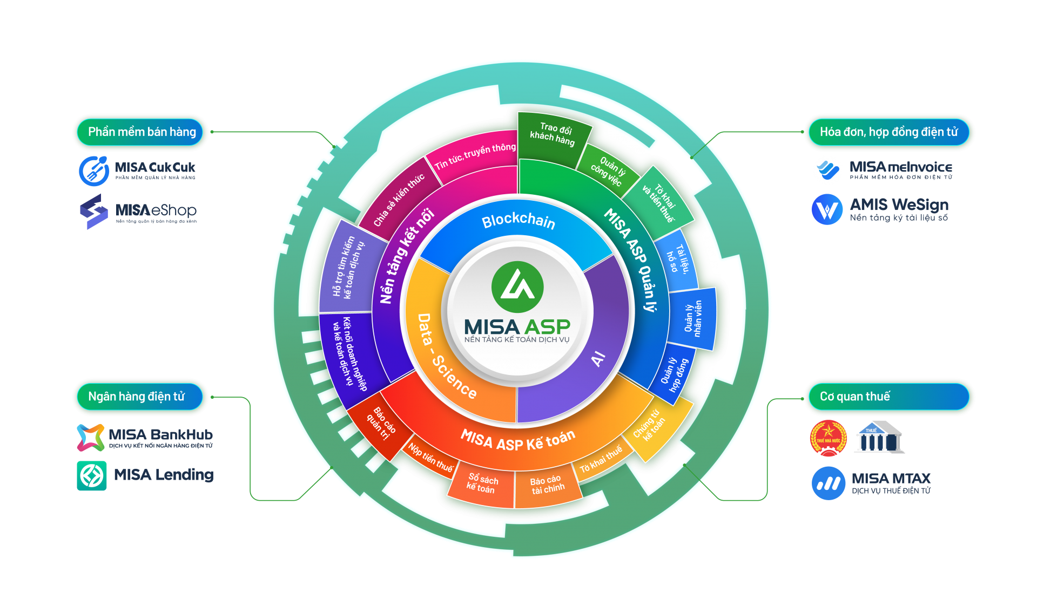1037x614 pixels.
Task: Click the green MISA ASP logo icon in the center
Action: tap(517, 286)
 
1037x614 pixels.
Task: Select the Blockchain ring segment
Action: tap(517, 221)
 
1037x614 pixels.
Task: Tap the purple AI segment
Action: tap(598, 358)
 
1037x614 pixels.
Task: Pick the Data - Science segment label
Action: tap(446, 356)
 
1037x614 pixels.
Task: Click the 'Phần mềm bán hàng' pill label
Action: tap(142, 132)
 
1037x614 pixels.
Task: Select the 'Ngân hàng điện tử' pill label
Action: tap(137, 397)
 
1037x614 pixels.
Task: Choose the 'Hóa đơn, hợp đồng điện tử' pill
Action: tap(888, 132)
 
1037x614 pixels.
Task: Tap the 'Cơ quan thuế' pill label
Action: tap(855, 397)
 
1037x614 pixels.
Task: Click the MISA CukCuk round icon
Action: tap(94, 170)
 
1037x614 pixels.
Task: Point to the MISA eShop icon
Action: tap(94, 211)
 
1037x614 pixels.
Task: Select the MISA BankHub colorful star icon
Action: tap(91, 437)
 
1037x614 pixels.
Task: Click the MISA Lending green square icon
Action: tap(92, 475)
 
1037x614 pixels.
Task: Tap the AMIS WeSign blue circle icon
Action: tap(827, 209)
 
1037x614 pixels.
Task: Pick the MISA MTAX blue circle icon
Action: tap(828, 483)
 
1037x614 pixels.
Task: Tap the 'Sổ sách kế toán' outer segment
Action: tap(482, 483)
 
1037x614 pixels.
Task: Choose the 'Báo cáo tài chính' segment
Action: tap(547, 485)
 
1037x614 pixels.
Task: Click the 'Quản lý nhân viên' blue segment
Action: tap(693, 318)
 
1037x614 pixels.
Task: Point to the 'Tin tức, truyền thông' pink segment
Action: tap(475, 155)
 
